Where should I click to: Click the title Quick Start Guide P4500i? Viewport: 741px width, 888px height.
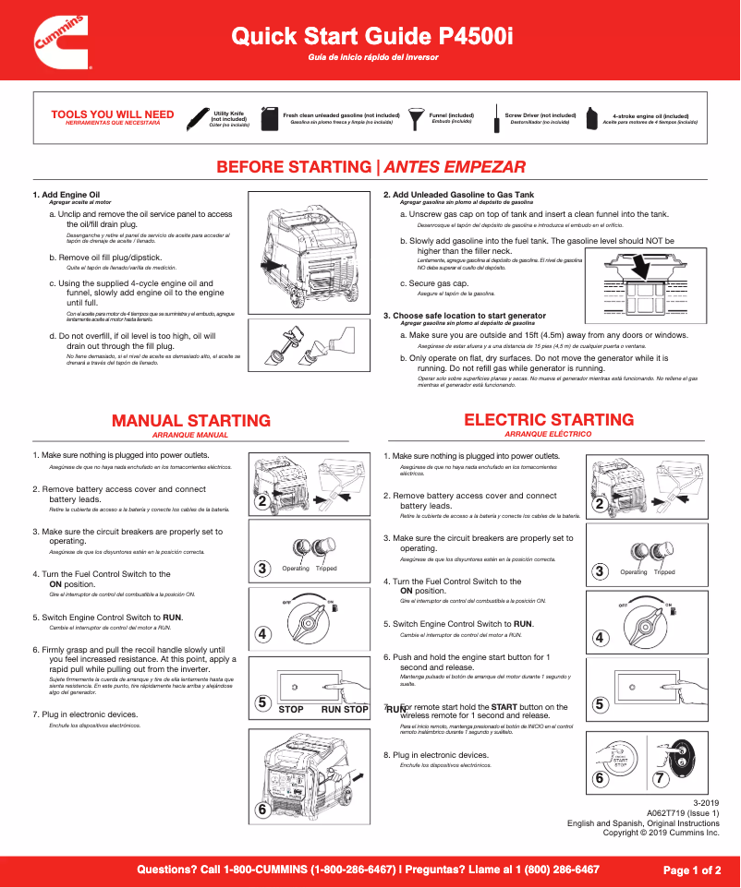tap(372, 36)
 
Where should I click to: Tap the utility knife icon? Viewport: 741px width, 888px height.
tap(197, 118)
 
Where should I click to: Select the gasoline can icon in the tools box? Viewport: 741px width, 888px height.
tap(270, 117)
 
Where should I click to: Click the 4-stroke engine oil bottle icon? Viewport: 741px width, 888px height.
tap(589, 117)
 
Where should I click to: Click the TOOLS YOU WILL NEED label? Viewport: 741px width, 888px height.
tap(112, 114)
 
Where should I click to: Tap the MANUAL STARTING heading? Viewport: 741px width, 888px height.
tap(190, 421)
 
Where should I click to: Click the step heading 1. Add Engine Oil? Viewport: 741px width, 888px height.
tap(67, 195)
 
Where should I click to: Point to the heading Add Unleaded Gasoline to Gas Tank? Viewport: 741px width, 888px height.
tap(463, 195)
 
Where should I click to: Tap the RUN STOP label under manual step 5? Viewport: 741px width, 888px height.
tap(345, 710)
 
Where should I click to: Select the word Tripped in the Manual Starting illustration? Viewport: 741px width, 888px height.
tap(326, 569)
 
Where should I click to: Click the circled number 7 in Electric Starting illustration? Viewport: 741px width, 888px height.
tap(660, 779)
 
